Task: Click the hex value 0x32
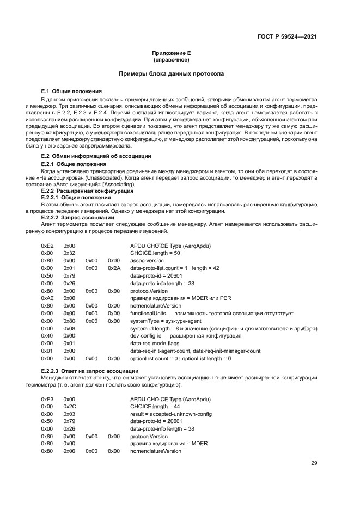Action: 69,253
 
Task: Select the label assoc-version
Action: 147,261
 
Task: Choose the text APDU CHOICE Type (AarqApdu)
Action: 170,246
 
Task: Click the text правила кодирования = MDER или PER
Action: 176,298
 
